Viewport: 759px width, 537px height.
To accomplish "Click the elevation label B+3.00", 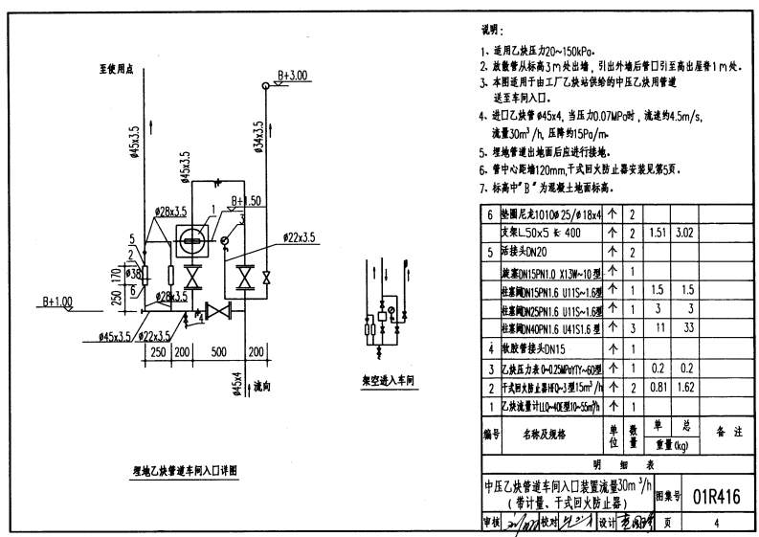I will [x=293, y=75].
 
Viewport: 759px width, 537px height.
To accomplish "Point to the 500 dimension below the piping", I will [x=219, y=352].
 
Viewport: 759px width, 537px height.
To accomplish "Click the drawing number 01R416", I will [x=715, y=496].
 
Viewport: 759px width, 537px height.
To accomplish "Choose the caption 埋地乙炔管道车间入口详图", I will [x=184, y=471].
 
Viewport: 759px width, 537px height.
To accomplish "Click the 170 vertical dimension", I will [x=116, y=280].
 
